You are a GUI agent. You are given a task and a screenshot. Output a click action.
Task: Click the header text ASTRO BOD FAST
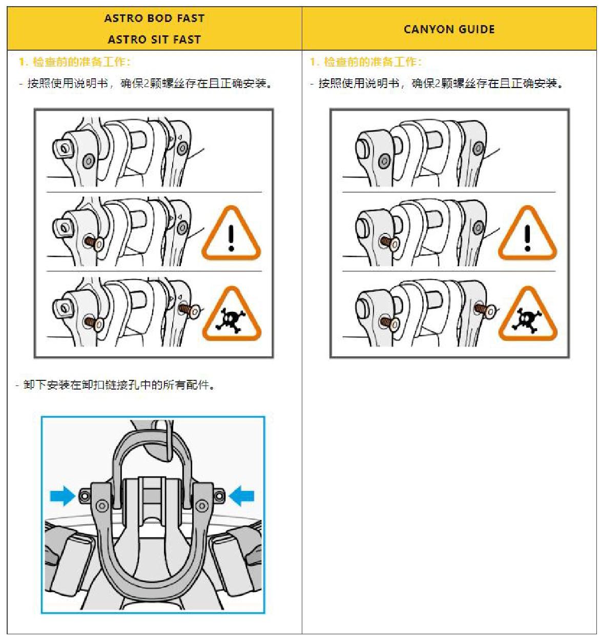[x=154, y=18]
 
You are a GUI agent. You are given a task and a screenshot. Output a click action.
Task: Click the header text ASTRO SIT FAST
[x=154, y=39]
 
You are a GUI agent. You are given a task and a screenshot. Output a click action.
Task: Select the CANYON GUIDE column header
[x=449, y=29]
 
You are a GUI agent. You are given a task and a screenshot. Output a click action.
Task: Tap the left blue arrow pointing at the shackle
[x=63, y=496]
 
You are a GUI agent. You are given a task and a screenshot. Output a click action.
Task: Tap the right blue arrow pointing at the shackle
[x=242, y=496]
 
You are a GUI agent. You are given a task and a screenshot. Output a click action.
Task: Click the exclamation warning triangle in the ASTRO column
[x=231, y=234]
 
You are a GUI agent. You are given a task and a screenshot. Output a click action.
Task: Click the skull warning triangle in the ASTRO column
[x=231, y=315]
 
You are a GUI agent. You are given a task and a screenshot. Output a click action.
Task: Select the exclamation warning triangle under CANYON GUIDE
[x=527, y=234]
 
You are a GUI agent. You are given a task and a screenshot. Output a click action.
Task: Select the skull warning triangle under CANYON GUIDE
[x=527, y=315]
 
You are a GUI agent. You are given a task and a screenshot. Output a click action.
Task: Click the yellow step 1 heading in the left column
[x=75, y=62]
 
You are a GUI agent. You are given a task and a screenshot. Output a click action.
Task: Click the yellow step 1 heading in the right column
[x=366, y=62]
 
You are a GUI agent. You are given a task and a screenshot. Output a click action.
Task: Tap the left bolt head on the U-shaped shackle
[x=102, y=506]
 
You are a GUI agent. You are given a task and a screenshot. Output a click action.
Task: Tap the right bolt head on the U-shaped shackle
[x=202, y=506]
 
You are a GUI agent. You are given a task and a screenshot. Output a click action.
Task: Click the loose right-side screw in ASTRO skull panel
[x=189, y=310]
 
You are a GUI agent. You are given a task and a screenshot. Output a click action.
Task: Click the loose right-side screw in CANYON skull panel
[x=485, y=310]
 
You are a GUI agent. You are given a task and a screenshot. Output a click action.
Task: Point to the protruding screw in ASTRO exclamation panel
[x=94, y=242]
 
